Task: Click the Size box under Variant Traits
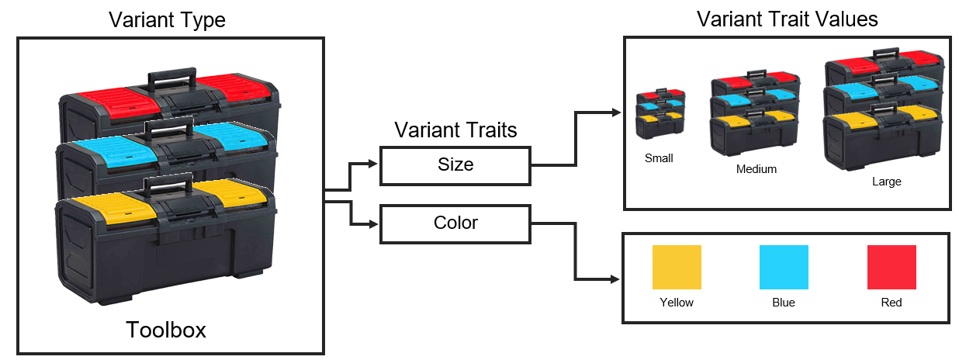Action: (x=455, y=165)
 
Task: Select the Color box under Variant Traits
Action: (x=455, y=223)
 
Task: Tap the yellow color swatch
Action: (x=677, y=267)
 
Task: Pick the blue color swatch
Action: (x=784, y=267)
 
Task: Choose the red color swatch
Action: (x=891, y=267)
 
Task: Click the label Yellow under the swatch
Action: (x=677, y=303)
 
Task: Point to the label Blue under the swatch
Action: (x=784, y=303)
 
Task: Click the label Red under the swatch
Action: (x=891, y=303)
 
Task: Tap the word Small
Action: (x=659, y=158)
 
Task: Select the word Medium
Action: (x=756, y=168)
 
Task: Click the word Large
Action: (x=886, y=182)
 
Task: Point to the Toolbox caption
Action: (x=166, y=331)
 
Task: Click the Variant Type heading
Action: (x=167, y=19)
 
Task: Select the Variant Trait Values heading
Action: (x=788, y=19)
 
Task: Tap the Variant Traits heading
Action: (x=455, y=130)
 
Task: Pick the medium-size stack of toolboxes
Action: (x=755, y=112)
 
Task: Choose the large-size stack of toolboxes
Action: (x=884, y=109)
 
